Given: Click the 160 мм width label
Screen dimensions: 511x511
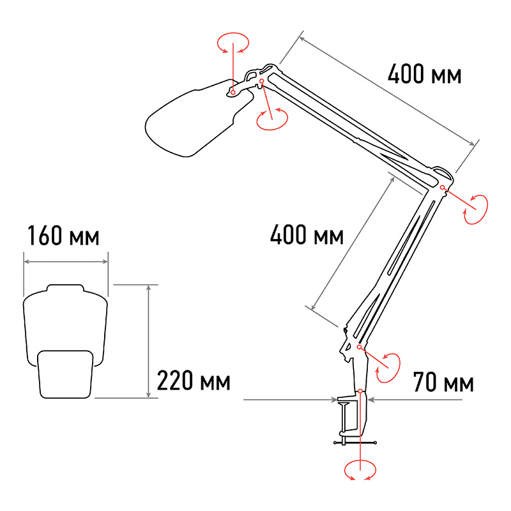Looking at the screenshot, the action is click(63, 235).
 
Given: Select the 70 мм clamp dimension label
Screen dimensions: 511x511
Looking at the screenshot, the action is click(443, 382).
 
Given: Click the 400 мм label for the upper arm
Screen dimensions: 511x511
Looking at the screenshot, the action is click(425, 74).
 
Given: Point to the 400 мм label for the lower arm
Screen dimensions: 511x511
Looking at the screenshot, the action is click(307, 234).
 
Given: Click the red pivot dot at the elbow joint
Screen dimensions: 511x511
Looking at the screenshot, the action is click(442, 187).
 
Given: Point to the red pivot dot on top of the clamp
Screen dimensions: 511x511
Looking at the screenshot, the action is click(360, 391).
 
